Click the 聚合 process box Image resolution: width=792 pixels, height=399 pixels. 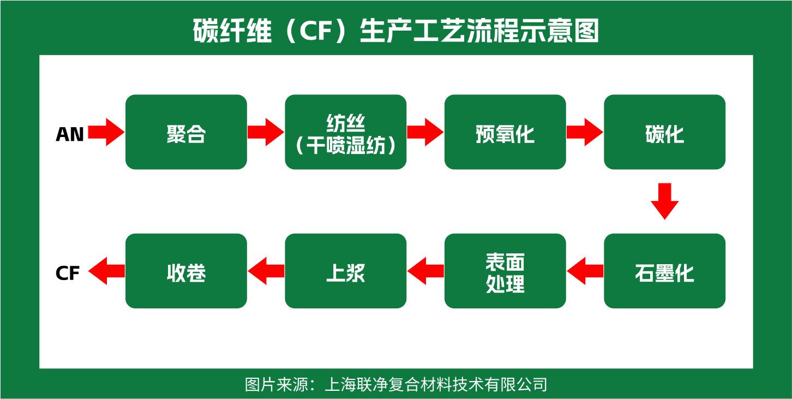tap(186, 132)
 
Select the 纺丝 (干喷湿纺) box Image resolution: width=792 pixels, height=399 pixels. tap(345, 132)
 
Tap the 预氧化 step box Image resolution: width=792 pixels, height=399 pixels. tap(505, 132)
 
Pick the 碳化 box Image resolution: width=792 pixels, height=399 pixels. tap(664, 132)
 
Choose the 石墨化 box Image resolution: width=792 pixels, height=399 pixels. tap(664, 271)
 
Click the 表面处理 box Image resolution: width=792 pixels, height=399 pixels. tap(505, 271)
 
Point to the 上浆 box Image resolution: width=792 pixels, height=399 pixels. tap(345, 271)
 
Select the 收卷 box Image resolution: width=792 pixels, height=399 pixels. tap(186, 271)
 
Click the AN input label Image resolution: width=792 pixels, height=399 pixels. tap(70, 134)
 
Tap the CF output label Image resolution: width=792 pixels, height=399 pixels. tap(68, 273)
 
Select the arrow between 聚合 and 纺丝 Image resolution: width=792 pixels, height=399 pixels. tap(266, 132)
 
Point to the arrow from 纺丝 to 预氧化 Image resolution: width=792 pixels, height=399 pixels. tap(425, 132)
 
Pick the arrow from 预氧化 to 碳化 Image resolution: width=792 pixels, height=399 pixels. tap(585, 132)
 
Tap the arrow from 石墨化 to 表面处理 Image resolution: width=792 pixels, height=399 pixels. tap(585, 271)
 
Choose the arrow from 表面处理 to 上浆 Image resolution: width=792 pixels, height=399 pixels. tap(425, 271)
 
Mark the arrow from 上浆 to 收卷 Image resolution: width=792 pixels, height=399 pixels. tap(266, 271)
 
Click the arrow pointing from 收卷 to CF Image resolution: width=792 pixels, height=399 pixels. tap(106, 271)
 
